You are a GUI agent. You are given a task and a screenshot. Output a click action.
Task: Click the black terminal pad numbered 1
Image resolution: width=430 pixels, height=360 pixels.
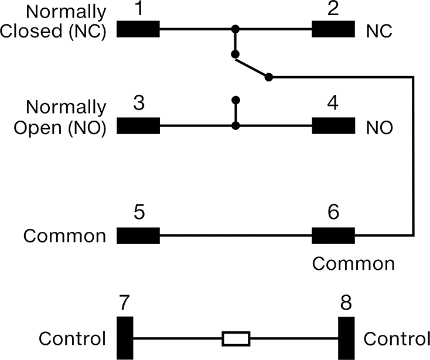(138, 29)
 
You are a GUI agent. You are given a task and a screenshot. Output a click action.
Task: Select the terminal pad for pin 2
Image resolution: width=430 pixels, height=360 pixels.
(333, 29)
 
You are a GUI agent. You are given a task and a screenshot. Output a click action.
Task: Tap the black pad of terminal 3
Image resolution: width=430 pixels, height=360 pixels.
(138, 126)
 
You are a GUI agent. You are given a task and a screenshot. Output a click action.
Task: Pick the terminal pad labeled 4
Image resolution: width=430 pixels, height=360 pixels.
(333, 126)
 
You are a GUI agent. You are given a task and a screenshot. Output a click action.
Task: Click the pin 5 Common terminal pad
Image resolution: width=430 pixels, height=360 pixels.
(138, 236)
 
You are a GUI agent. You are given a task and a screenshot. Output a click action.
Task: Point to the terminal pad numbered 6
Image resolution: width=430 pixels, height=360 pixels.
(333, 236)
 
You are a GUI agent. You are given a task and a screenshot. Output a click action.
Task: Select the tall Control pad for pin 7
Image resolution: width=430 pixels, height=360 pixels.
(125, 338)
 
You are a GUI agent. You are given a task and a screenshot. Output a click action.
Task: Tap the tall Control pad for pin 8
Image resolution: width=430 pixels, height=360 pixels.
(346, 338)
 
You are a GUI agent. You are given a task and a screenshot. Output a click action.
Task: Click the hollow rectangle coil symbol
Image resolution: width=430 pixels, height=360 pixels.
(236, 338)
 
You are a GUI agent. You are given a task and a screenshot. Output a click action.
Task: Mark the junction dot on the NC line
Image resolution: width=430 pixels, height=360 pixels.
(236, 29)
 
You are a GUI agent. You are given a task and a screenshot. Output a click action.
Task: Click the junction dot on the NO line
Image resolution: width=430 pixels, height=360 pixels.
(236, 126)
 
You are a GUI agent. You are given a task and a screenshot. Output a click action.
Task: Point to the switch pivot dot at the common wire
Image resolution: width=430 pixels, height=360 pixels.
(269, 77)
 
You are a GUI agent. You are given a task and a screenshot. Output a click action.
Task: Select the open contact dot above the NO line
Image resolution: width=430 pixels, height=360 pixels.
(236, 100)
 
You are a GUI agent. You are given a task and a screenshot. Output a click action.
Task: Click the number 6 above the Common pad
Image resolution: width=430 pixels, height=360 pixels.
(333, 212)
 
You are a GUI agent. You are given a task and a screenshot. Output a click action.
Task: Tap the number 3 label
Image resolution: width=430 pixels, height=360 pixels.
(139, 103)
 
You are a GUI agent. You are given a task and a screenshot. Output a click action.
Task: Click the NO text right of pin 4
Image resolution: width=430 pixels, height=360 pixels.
(380, 128)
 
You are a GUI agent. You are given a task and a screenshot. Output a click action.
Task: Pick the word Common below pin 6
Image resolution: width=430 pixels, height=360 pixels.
(353, 263)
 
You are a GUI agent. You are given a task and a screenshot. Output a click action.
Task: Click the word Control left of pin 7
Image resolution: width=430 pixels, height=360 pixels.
(72, 338)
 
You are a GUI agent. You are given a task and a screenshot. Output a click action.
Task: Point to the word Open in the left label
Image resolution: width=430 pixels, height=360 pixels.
(38, 128)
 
